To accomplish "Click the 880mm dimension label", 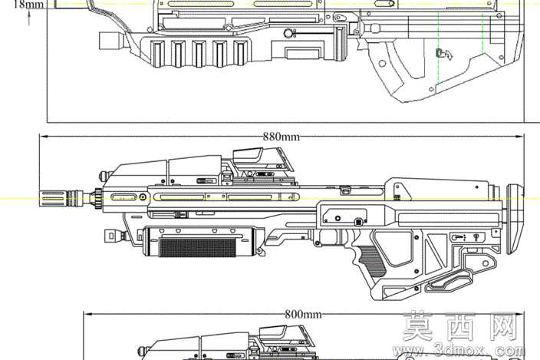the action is coord(282,137).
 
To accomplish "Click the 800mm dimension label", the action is coord(303,314).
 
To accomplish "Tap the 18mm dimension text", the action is coord(29,5).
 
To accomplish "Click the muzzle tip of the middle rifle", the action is coord(41,198).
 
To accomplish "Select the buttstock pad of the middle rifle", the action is coord(515,219).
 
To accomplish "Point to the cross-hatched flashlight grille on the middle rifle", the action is coord(198,247).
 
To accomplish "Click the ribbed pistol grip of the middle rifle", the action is coord(371,260).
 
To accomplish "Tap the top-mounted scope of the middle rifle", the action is coord(263,160).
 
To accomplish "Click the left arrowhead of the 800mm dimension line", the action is coord(87,314).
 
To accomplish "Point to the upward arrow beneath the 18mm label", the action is coord(29,18).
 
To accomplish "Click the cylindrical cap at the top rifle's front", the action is coord(111,41).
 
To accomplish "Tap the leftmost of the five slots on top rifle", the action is coord(157,53).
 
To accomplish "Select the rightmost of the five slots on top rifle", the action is coord(239,53).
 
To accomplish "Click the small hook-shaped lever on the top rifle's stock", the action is coord(444,54).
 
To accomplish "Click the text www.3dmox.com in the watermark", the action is coord(459,351).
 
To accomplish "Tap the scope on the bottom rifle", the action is coord(287,335).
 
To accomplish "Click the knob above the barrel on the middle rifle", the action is coord(104,176).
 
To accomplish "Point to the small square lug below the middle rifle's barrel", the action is coord(111,236).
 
